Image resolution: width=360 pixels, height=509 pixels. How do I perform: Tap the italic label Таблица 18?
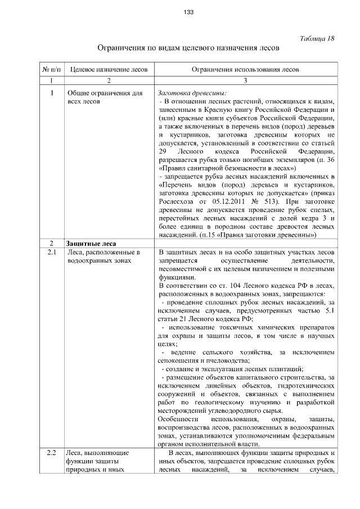(317, 38)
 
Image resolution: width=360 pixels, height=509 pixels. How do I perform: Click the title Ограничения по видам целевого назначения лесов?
(188, 48)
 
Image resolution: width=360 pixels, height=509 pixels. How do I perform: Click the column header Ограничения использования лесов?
(245, 70)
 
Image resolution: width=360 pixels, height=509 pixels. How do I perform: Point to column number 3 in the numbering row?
(245, 81)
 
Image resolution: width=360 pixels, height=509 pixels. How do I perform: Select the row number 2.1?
(51, 253)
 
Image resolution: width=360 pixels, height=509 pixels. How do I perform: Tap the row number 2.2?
(51, 452)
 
